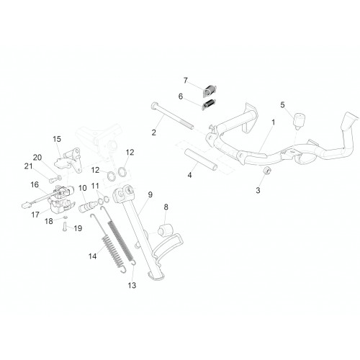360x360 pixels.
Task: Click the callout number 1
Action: pyautogui.click(x=273, y=122)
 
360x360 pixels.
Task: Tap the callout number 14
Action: pyautogui.click(x=93, y=256)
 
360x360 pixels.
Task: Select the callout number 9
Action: pyautogui.click(x=150, y=194)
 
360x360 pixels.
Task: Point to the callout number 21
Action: pyautogui.click(x=29, y=166)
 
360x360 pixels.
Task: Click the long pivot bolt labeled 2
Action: pyautogui.click(x=172, y=116)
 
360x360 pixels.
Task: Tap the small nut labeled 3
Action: pyautogui.click(x=267, y=171)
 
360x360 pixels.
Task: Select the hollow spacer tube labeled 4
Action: pyautogui.click(x=201, y=159)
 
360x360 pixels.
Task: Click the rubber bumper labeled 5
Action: pyautogui.click(x=299, y=121)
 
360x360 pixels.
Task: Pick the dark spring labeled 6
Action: pyautogui.click(x=209, y=104)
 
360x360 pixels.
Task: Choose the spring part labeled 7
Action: pyautogui.click(x=210, y=90)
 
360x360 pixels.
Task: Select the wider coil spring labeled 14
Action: pyautogui.click(x=112, y=253)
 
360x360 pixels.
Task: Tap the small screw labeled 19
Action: pyautogui.click(x=65, y=226)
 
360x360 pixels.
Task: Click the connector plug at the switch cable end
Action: pyautogui.click(x=25, y=205)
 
